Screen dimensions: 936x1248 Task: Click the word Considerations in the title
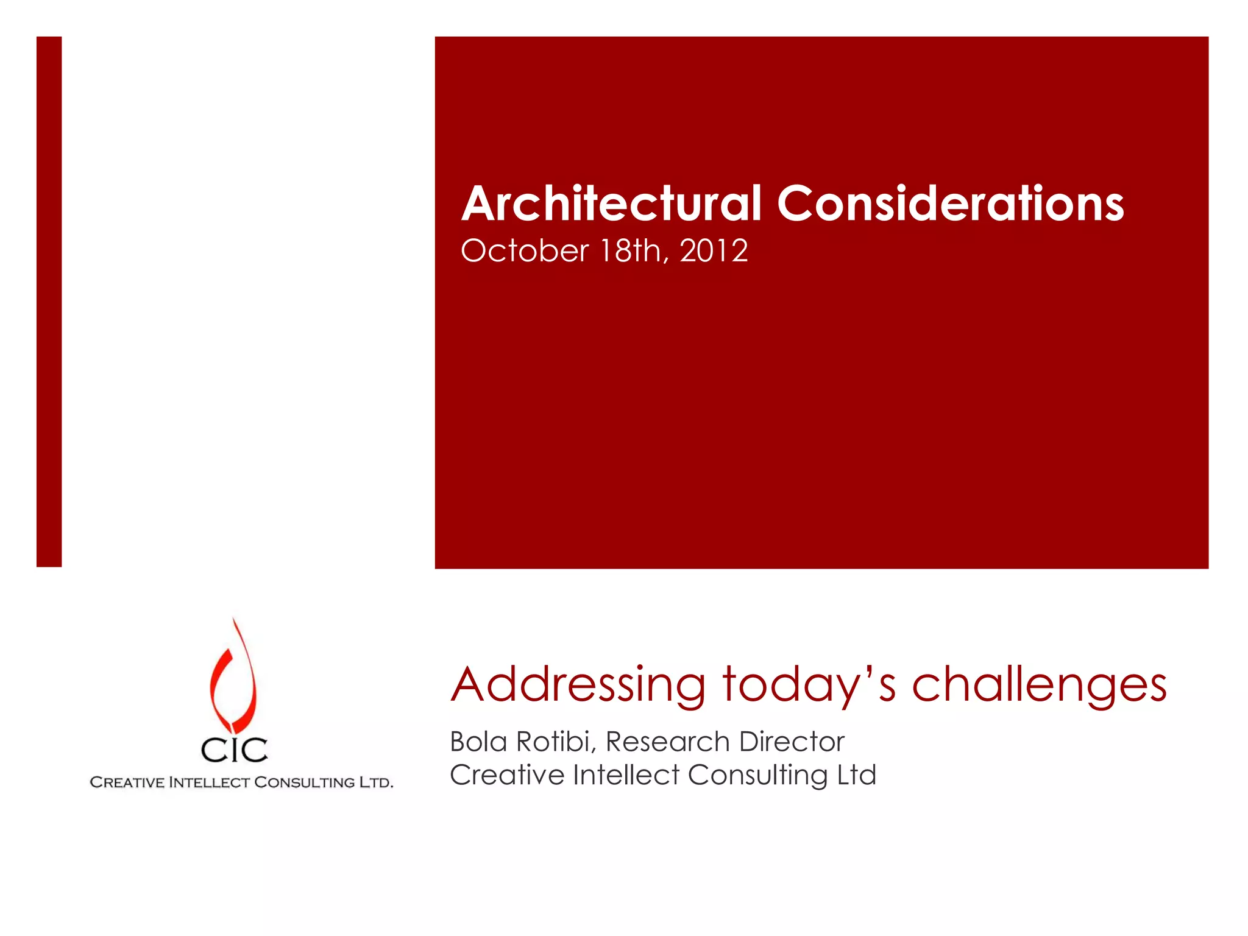(950, 204)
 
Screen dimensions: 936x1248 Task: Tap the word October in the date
(525, 251)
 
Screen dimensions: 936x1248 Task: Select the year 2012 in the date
(714, 251)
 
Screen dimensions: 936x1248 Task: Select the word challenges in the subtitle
(1039, 685)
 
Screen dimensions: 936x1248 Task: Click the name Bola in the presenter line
(478, 742)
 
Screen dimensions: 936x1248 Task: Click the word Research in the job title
(667, 742)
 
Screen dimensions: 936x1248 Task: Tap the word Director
(792, 742)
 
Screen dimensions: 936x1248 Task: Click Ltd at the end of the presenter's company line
(856, 775)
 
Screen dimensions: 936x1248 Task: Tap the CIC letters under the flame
(234, 750)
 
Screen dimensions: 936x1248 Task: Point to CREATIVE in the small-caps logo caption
(127, 782)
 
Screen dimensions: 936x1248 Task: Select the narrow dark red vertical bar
(49, 302)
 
